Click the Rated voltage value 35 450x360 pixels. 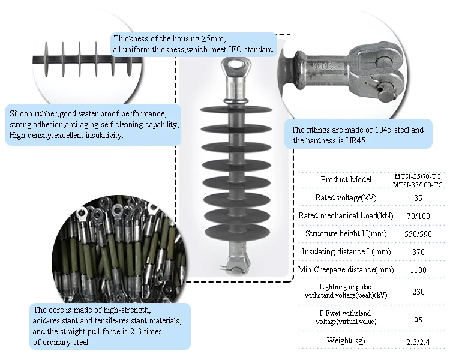point(418,197)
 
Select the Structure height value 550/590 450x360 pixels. point(418,233)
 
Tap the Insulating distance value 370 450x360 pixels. point(418,253)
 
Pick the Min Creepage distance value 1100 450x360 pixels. point(418,270)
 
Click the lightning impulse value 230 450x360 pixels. point(418,292)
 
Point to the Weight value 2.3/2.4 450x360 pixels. point(418,341)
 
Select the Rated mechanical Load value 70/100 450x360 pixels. point(418,215)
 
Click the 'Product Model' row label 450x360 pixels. point(346,179)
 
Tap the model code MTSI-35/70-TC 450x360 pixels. point(418,176)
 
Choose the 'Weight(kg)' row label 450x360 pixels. point(346,341)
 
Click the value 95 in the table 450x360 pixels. point(418,320)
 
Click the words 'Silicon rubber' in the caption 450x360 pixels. point(31,113)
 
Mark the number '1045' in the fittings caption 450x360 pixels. point(376,130)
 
